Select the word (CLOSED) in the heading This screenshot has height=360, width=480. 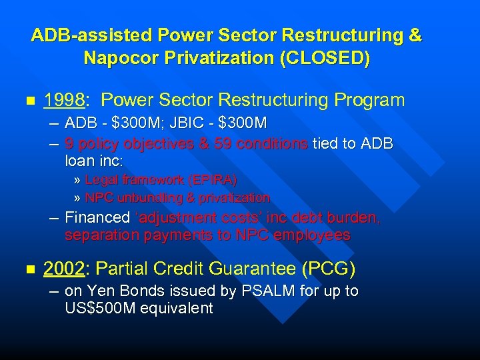(x=325, y=58)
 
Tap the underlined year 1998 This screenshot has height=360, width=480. (x=64, y=101)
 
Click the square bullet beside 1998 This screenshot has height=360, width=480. (x=28, y=101)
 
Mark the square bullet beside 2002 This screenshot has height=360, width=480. (x=28, y=269)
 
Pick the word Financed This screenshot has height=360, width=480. (x=97, y=217)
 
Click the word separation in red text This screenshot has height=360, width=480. (x=96, y=235)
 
